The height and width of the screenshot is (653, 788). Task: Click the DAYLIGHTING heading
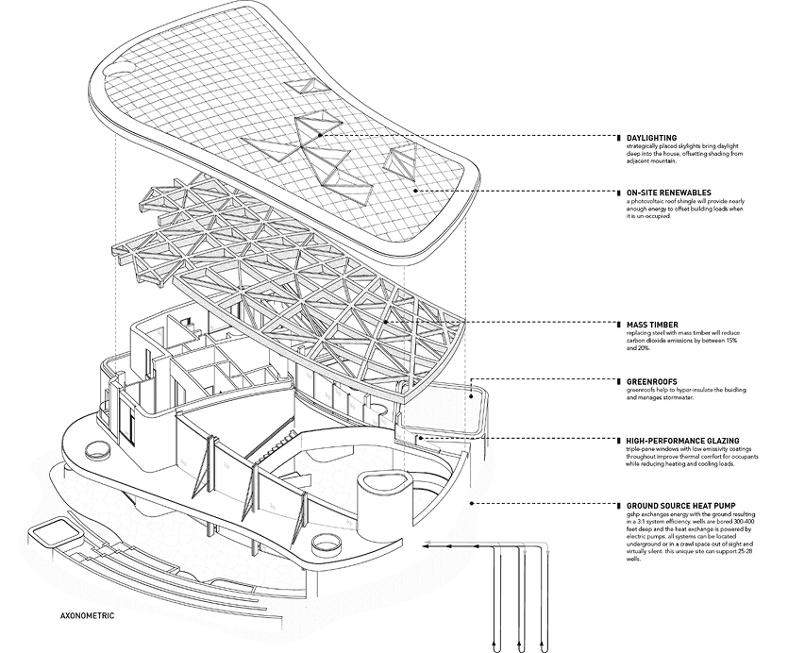(651, 138)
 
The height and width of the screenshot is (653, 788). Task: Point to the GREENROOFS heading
(648, 382)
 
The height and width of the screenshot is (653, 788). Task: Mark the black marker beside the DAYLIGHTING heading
(617, 138)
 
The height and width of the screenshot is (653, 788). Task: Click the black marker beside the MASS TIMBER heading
(617, 324)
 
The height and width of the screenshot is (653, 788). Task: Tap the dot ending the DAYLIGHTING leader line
(321, 136)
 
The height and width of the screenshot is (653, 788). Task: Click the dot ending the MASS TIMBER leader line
(387, 323)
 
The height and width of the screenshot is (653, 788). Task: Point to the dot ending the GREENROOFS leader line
(473, 396)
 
